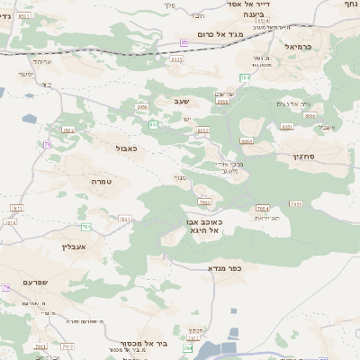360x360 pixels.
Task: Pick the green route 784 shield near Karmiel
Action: (x=244, y=78)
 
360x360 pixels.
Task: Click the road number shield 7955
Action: (x=296, y=203)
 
